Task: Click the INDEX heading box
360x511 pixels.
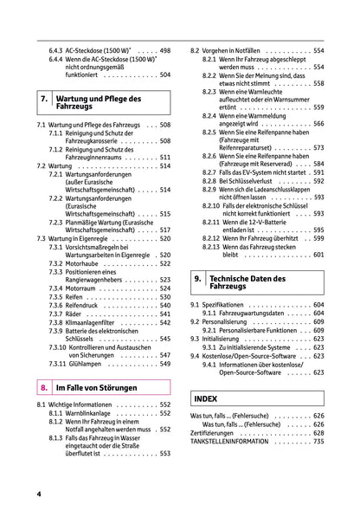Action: pos(208,400)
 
